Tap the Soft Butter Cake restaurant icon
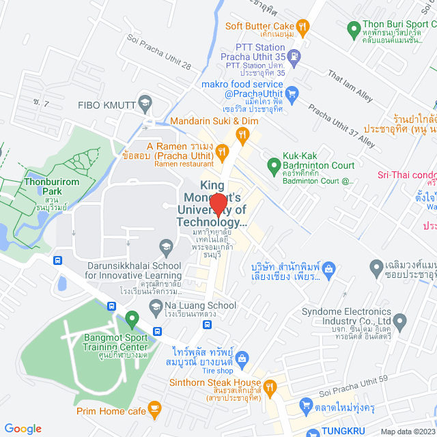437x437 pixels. pos(304,27)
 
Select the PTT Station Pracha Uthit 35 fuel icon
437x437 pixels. pos(294,56)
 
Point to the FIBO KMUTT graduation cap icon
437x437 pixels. pos(144,104)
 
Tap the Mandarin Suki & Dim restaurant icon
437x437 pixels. pos(242,135)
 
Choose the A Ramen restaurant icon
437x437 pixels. pos(221,151)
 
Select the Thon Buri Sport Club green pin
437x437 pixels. pos(354,29)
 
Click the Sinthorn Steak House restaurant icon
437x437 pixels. pos(270,386)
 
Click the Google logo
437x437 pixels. pos(23,428)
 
